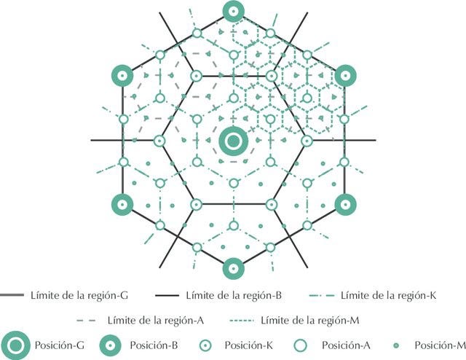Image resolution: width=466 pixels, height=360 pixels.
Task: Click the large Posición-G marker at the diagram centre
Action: coord(233,140)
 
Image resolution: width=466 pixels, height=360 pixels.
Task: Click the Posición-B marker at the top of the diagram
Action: coord(233,10)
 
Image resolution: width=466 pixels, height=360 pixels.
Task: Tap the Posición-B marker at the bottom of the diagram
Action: coord(233,268)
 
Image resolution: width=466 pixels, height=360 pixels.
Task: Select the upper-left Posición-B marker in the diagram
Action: coord(122,75)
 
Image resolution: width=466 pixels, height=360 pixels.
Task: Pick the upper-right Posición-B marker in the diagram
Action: coord(344,75)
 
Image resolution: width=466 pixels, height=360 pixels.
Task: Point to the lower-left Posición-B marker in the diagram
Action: coord(122,205)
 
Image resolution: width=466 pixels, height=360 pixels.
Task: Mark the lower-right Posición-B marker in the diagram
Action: coord(344,205)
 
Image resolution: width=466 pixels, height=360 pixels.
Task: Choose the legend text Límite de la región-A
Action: coord(155,320)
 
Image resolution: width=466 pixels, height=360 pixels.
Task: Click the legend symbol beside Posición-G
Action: coord(15,345)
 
